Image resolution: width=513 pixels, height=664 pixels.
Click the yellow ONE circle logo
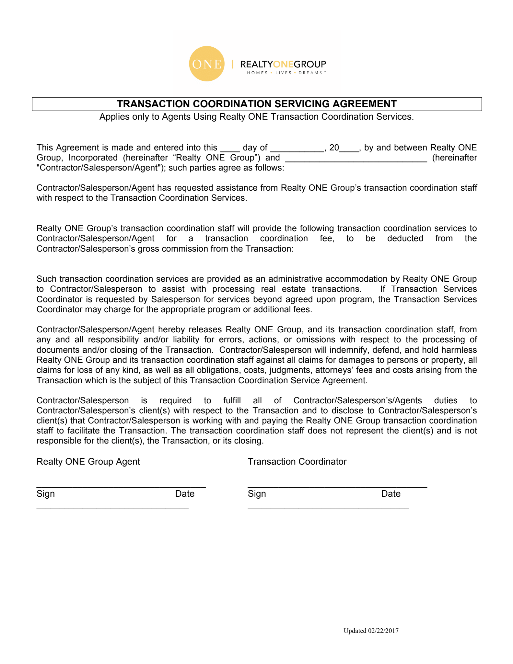click(x=206, y=64)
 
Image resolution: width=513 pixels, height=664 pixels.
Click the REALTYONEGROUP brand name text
click(x=283, y=64)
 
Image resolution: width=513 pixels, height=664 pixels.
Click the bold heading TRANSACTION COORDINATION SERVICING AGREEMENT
click(x=257, y=104)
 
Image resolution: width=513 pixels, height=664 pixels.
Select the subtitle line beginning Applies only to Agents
click(x=256, y=117)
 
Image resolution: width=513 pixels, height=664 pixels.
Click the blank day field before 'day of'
click(x=230, y=148)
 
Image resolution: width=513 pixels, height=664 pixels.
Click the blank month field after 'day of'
click(x=297, y=148)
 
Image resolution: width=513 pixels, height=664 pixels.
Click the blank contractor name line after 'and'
click(x=356, y=159)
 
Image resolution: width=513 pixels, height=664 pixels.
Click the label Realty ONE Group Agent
click(x=88, y=462)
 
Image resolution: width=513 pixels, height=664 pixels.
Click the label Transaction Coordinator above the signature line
click(x=297, y=462)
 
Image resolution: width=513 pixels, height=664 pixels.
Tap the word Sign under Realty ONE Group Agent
click(x=46, y=494)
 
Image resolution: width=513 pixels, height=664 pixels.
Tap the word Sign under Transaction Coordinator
click(x=257, y=494)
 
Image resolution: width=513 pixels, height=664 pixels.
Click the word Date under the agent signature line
click(x=185, y=494)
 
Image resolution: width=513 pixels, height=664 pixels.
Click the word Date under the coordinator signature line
click(x=391, y=494)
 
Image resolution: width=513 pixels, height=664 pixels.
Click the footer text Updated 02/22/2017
click(x=371, y=631)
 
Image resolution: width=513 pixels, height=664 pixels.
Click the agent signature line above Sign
click(x=121, y=486)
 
